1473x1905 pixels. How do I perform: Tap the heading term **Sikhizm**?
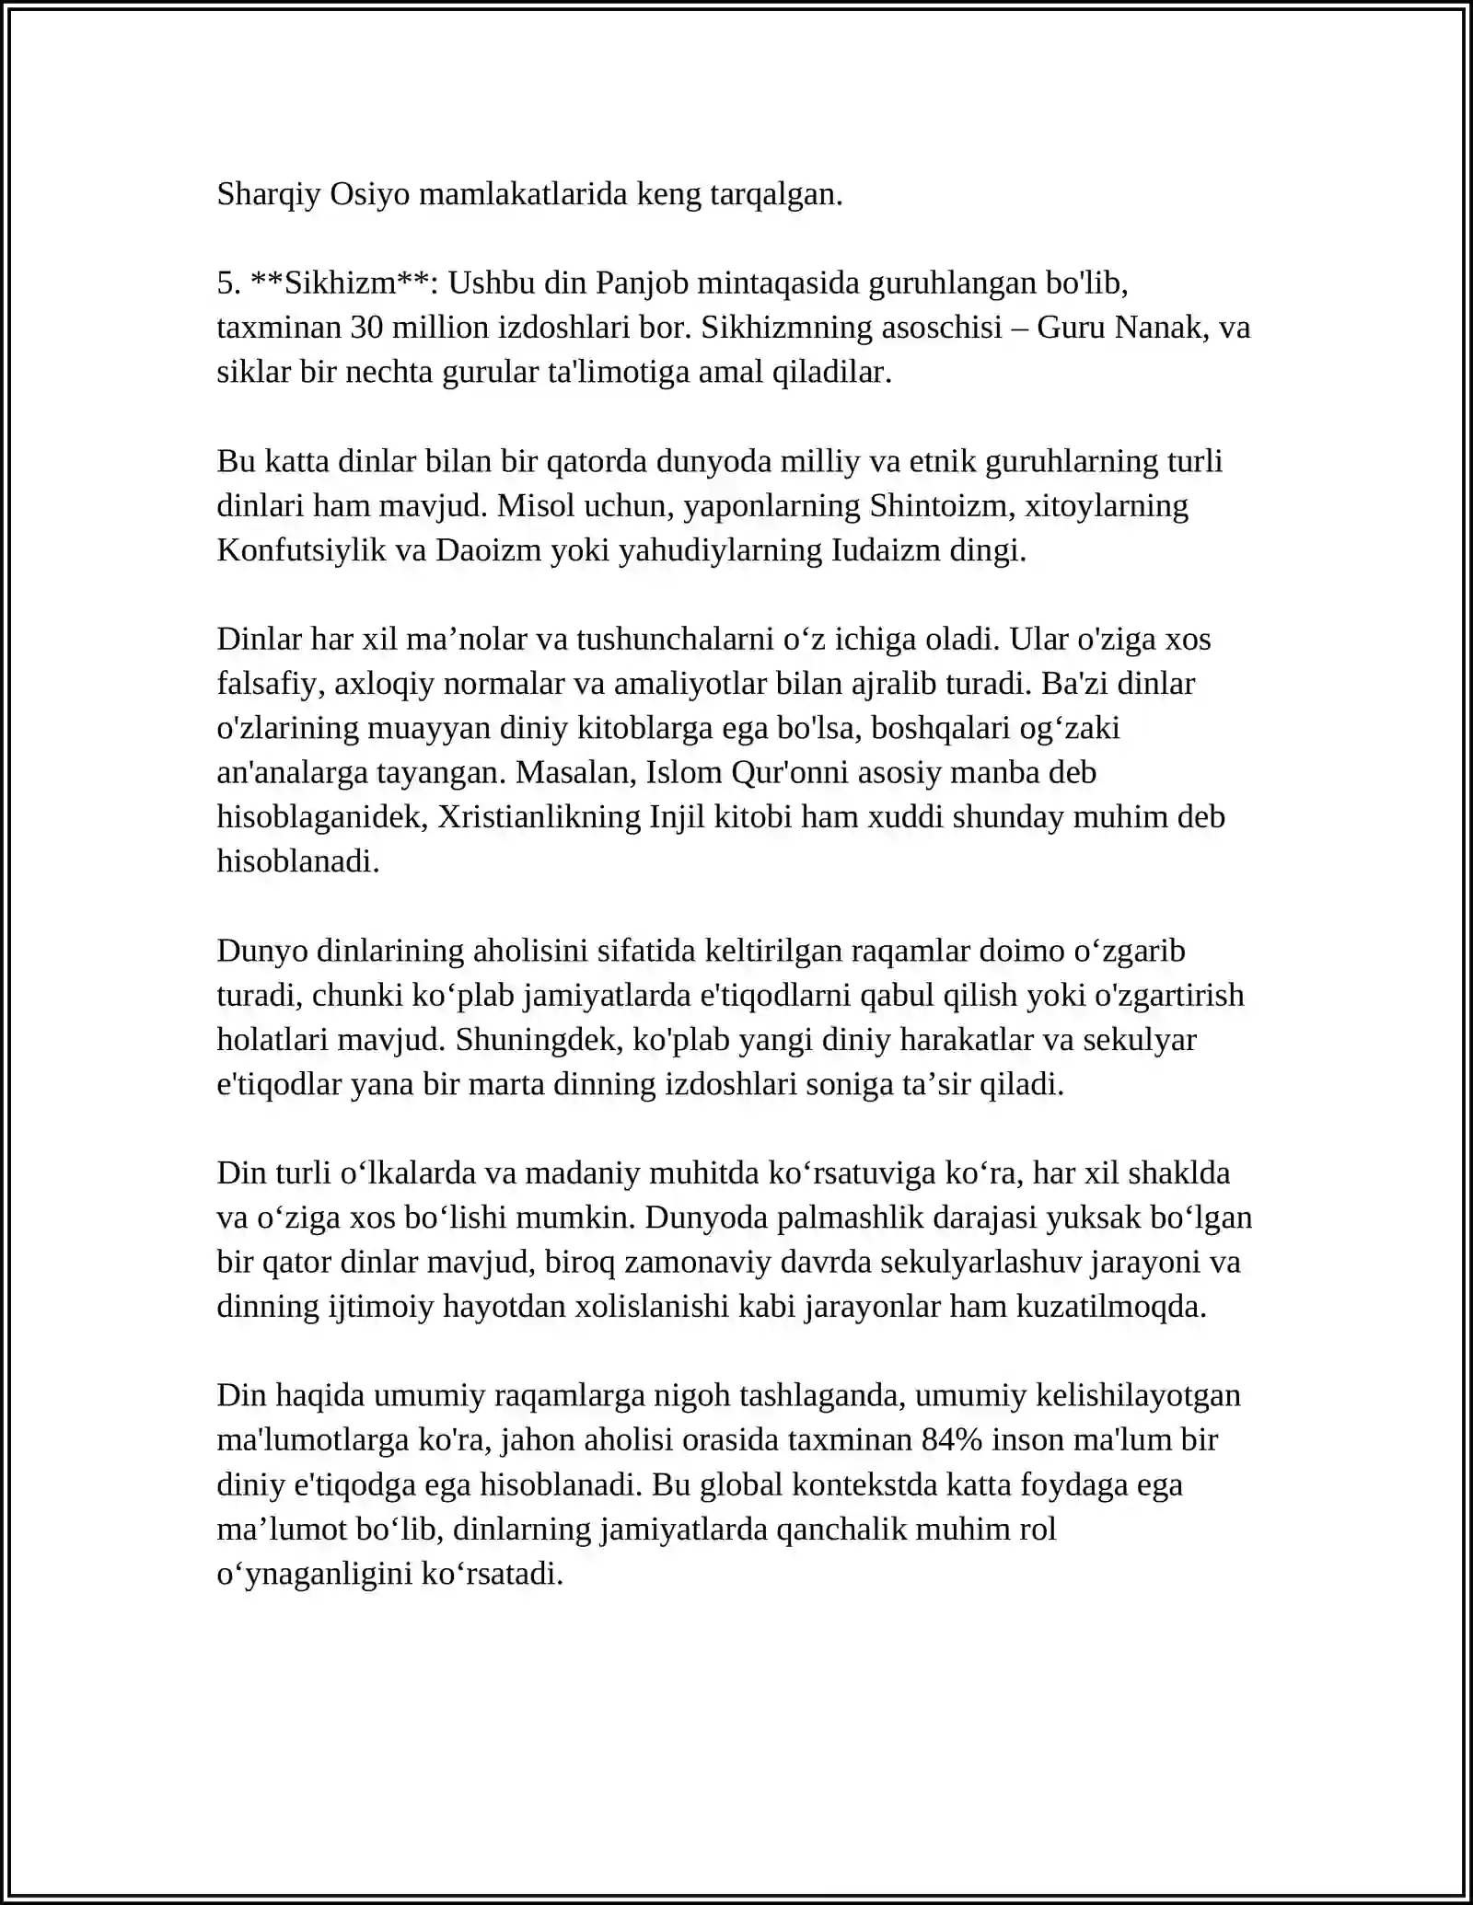point(341,283)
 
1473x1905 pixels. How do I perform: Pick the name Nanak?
point(1162,328)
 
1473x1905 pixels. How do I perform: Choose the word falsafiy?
point(270,684)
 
